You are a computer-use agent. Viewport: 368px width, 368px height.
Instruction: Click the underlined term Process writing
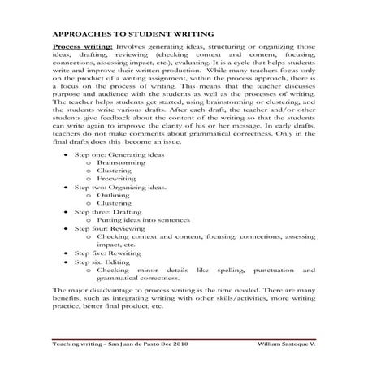click(79, 47)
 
